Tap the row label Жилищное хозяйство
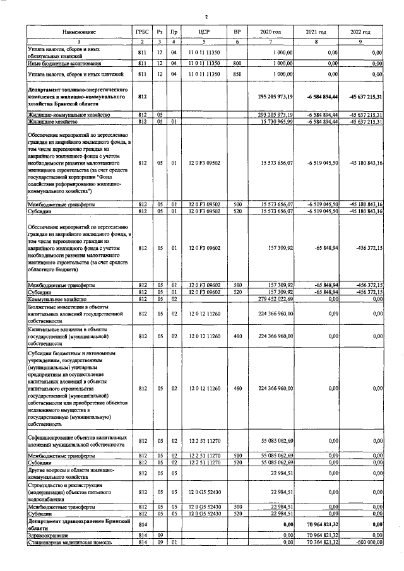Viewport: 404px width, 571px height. tap(53, 121)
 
